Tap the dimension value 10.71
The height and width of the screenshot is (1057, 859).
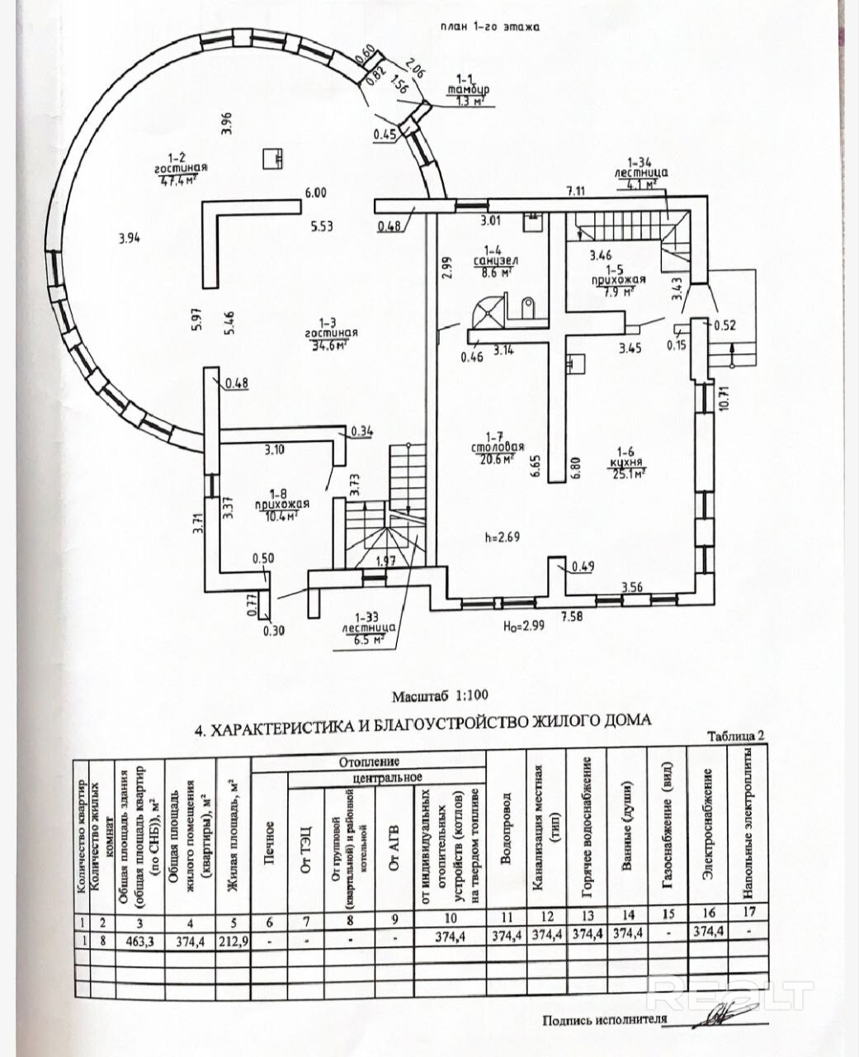point(724,398)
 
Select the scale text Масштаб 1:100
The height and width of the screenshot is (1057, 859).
point(446,695)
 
